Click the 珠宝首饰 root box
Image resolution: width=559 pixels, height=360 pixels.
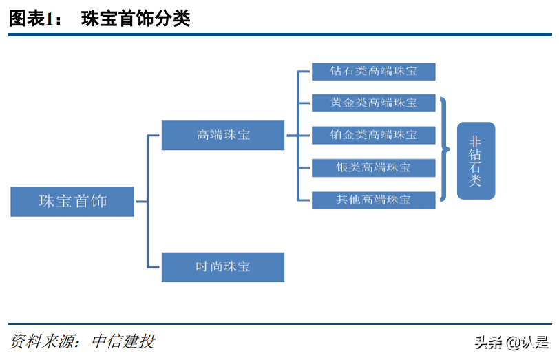pyautogui.click(x=72, y=201)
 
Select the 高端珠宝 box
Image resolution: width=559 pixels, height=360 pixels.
pyautogui.click(x=222, y=135)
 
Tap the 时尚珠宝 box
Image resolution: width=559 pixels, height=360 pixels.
pyautogui.click(x=222, y=266)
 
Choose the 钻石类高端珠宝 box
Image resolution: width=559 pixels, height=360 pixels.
pyautogui.click(x=373, y=71)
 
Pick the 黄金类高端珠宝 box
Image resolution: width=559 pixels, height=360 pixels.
pyautogui.click(x=373, y=103)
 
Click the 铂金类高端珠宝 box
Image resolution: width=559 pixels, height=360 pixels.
pyautogui.click(x=373, y=135)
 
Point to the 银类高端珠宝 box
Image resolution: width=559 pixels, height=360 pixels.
pyautogui.click(x=373, y=167)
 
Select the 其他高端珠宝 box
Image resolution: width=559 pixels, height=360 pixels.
pyautogui.click(x=373, y=200)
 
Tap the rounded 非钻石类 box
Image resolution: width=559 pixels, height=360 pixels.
pyautogui.click(x=476, y=160)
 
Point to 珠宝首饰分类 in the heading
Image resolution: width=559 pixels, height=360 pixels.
pyautogui.click(x=136, y=19)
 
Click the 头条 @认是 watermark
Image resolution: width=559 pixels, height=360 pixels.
pyautogui.click(x=511, y=342)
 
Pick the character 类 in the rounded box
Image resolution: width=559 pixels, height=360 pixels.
pyautogui.click(x=476, y=181)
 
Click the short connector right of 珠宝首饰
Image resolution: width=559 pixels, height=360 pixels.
pyautogui.click(x=141, y=202)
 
